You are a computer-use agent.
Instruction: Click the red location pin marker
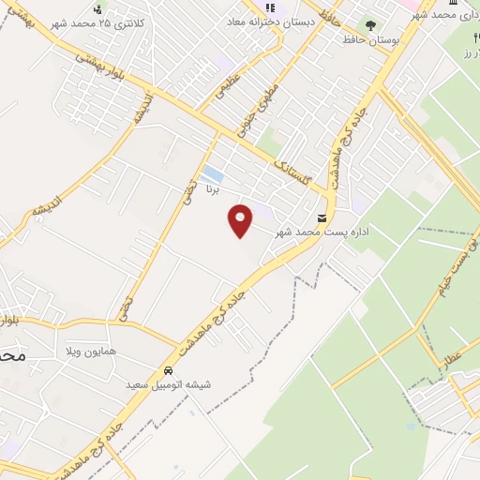[241, 219]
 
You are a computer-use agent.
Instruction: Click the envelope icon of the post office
[322, 217]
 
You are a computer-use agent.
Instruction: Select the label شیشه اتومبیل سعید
[169, 385]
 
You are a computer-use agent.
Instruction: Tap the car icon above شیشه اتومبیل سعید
[169, 370]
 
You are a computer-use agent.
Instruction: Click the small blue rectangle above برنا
[213, 174]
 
